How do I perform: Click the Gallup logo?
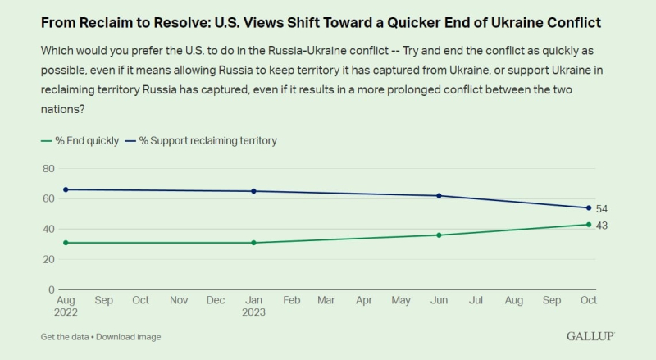pos(590,336)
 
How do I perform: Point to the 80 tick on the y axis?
pos(48,168)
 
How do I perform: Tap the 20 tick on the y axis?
pos(48,259)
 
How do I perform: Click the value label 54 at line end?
pos(602,209)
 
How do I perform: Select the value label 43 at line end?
pos(602,226)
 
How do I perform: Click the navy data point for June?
pos(440,196)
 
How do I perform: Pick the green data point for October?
pos(588,224)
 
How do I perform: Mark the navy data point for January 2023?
pos(253,191)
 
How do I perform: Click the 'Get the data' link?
pos(64,337)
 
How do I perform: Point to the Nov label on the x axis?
pos(179,301)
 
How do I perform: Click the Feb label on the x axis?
pos(291,301)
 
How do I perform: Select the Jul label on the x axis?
pos(476,301)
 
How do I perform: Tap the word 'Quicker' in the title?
pos(421,22)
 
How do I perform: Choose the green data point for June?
pos(440,235)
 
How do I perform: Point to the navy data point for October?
pos(588,207)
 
